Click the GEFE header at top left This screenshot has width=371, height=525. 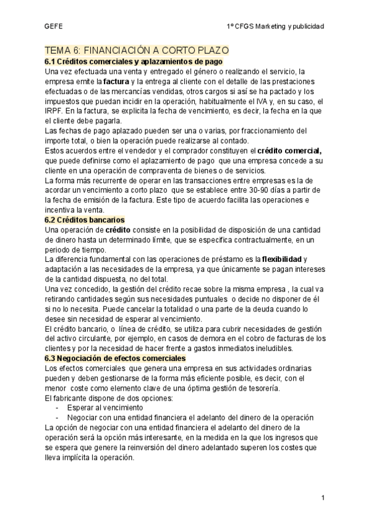pyautogui.click(x=54, y=26)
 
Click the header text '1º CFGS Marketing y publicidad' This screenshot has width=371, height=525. pyautogui.click(x=275, y=26)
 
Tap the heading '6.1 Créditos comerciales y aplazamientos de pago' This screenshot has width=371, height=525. pyautogui.click(x=134, y=61)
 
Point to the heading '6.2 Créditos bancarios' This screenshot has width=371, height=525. pyautogui.click(x=85, y=220)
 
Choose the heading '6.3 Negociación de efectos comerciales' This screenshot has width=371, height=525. pyautogui.click(x=116, y=358)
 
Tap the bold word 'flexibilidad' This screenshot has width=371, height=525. pyautogui.click(x=283, y=259)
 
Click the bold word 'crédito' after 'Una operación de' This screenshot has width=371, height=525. pyautogui.click(x=117, y=230)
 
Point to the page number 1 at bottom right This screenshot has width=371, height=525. pyautogui.click(x=323, y=498)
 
